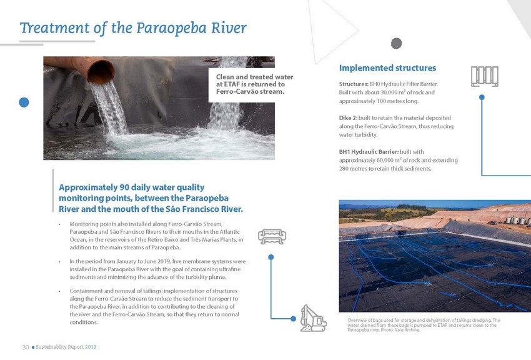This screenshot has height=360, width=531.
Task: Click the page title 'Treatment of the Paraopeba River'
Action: point(133,28)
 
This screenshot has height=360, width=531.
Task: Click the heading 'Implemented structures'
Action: point(387,67)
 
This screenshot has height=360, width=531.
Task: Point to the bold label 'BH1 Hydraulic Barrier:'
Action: point(372,151)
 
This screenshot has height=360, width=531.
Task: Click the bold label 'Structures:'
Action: point(353,84)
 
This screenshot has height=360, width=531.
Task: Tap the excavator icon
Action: point(313,317)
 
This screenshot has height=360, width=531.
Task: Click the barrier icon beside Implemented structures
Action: point(485,77)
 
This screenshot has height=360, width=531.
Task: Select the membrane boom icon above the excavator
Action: point(271,236)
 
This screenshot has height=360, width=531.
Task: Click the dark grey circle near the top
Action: point(396,43)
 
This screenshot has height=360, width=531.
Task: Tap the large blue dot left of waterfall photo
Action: point(24,102)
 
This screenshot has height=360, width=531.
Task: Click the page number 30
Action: point(26,347)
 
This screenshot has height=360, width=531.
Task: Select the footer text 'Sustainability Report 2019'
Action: point(66,347)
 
